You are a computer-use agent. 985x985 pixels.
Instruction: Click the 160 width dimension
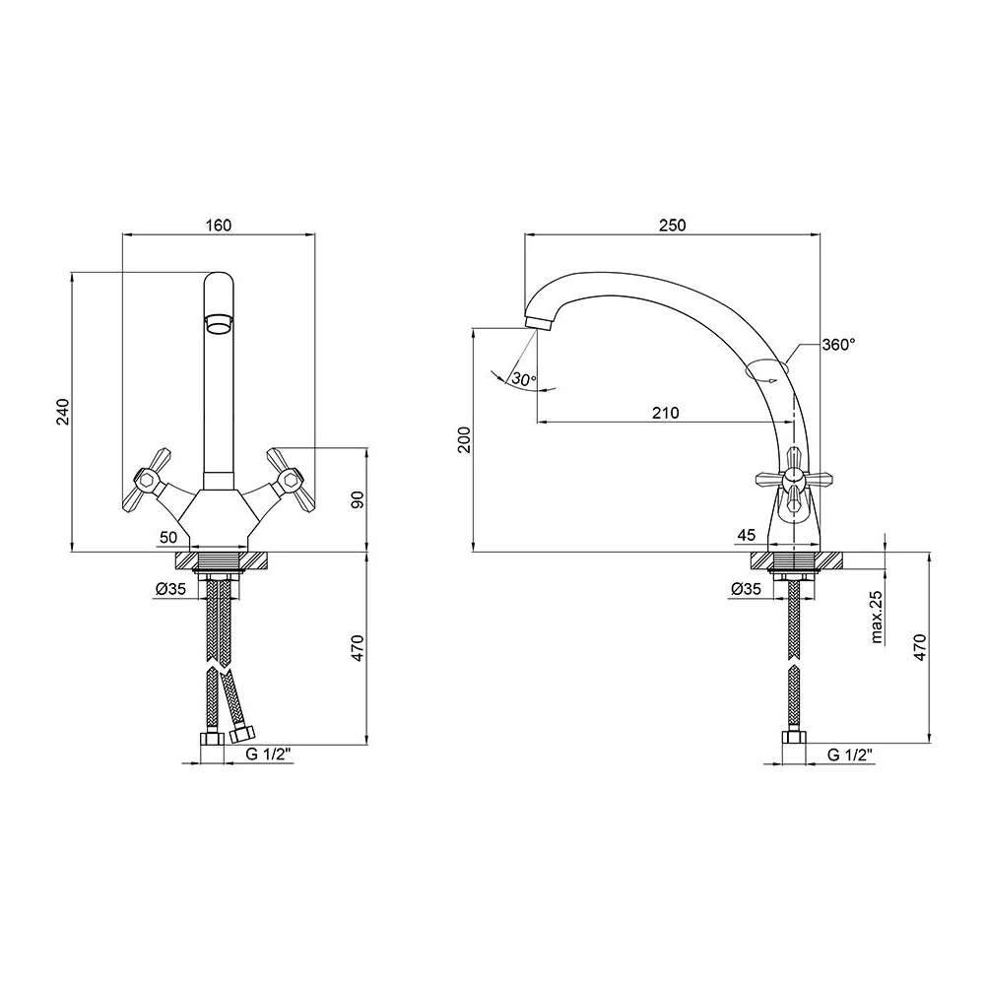tap(218, 225)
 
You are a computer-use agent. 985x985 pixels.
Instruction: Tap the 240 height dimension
tap(64, 412)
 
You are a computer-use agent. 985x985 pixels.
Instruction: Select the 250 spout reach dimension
tap(672, 225)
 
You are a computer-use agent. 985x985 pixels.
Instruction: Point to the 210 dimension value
tap(665, 413)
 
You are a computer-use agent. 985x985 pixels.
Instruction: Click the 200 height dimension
tap(464, 439)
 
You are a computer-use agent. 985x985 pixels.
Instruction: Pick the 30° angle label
tap(524, 379)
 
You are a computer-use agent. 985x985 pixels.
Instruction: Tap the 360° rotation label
tap(838, 344)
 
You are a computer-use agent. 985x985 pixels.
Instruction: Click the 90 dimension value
tap(358, 500)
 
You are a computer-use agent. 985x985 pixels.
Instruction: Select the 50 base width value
tap(168, 537)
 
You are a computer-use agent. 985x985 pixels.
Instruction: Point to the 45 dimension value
tap(747, 535)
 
